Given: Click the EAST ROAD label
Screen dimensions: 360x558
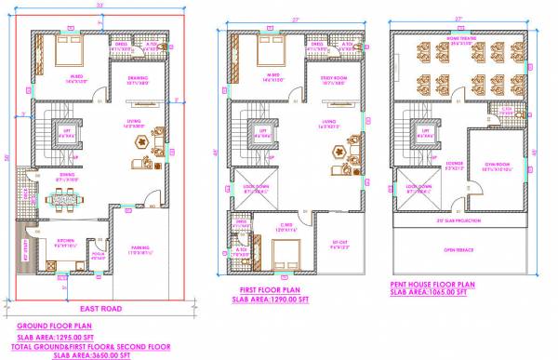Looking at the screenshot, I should click(101, 307).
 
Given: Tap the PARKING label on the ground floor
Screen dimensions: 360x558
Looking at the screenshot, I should click(140, 247).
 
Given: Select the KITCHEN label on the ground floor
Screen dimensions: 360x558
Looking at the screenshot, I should click(65, 240).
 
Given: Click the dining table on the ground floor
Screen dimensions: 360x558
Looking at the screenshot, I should click(64, 196).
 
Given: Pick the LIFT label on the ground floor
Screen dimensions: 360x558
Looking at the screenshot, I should click(67, 133).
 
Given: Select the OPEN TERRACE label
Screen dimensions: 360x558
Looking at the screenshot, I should click(459, 249).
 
